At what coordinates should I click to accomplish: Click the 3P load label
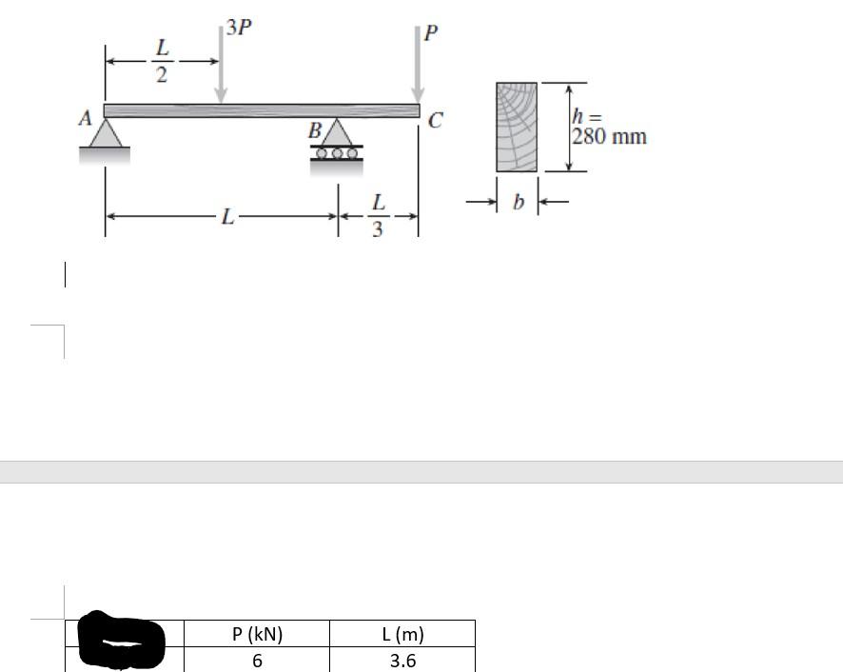coord(239,27)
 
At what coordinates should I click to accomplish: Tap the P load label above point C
coord(431,32)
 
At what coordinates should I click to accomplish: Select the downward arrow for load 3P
coord(221,64)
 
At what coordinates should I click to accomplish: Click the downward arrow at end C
coord(418,64)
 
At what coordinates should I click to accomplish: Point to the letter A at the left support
coord(85,118)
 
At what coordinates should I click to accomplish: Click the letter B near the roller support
coord(315,130)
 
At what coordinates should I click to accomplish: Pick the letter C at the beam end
coord(435,120)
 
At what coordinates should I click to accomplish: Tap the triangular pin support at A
coord(106,133)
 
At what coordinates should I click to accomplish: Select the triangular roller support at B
coord(337,131)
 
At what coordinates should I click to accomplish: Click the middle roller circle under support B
coord(337,153)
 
